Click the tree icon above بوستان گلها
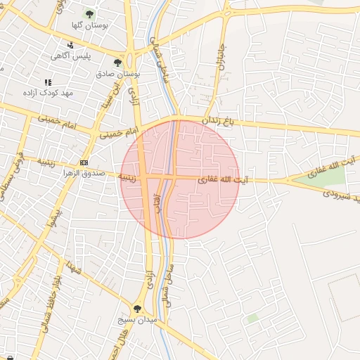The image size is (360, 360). click(89, 13)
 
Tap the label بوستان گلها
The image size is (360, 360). click(89, 26)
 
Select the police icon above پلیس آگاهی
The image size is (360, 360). click(70, 45)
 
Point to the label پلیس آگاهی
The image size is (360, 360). click(69, 56)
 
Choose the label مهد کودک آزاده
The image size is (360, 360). click(48, 93)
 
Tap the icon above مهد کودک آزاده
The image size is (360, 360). click(48, 82)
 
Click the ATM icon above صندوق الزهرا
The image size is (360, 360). click(84, 162)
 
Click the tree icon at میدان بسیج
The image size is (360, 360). click(137, 308)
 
